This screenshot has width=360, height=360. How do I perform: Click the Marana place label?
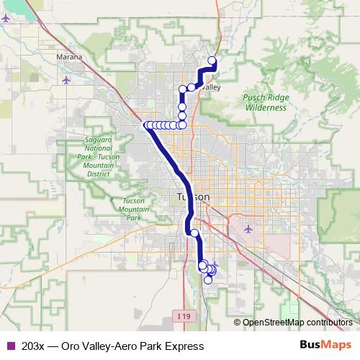point(73,57)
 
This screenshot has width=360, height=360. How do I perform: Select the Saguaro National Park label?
point(97,154)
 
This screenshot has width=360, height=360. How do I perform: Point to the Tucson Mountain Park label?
point(135,209)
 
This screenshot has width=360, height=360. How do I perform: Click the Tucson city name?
point(193,197)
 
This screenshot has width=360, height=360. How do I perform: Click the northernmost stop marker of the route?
point(212,60)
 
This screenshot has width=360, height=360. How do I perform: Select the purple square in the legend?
point(9,346)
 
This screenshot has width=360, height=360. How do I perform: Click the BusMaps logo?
point(325,346)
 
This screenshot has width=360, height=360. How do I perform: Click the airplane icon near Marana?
point(67,79)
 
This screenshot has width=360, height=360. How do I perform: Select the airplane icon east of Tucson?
point(249,230)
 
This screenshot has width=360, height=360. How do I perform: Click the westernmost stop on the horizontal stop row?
point(148,125)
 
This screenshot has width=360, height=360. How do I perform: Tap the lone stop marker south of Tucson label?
point(194,233)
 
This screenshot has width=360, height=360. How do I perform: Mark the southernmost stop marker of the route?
point(207,280)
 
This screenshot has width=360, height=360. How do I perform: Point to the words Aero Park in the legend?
point(131,346)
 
